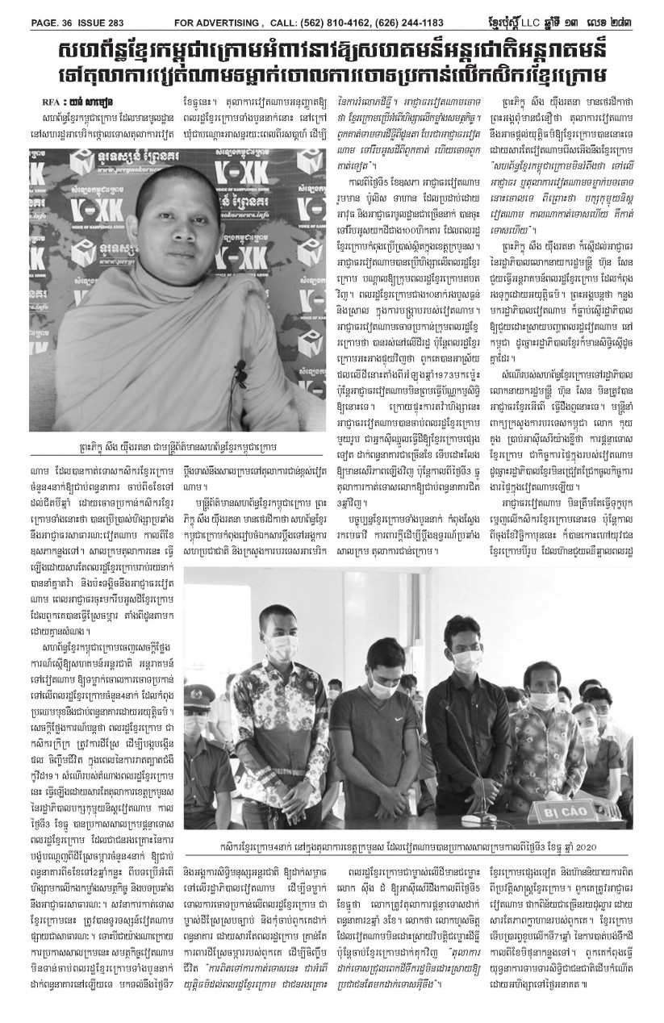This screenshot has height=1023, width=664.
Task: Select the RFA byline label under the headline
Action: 48,102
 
